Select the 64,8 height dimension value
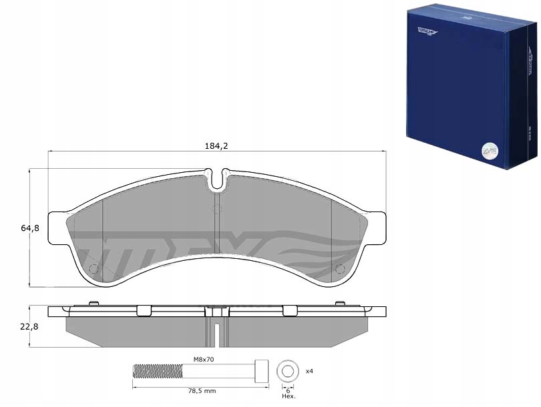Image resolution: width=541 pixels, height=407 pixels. (30, 228)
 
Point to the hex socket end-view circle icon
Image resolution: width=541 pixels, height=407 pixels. (289, 370)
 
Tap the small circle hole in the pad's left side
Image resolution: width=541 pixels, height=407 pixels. (94, 269)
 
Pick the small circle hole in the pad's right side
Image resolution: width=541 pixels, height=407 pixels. (339, 269)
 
